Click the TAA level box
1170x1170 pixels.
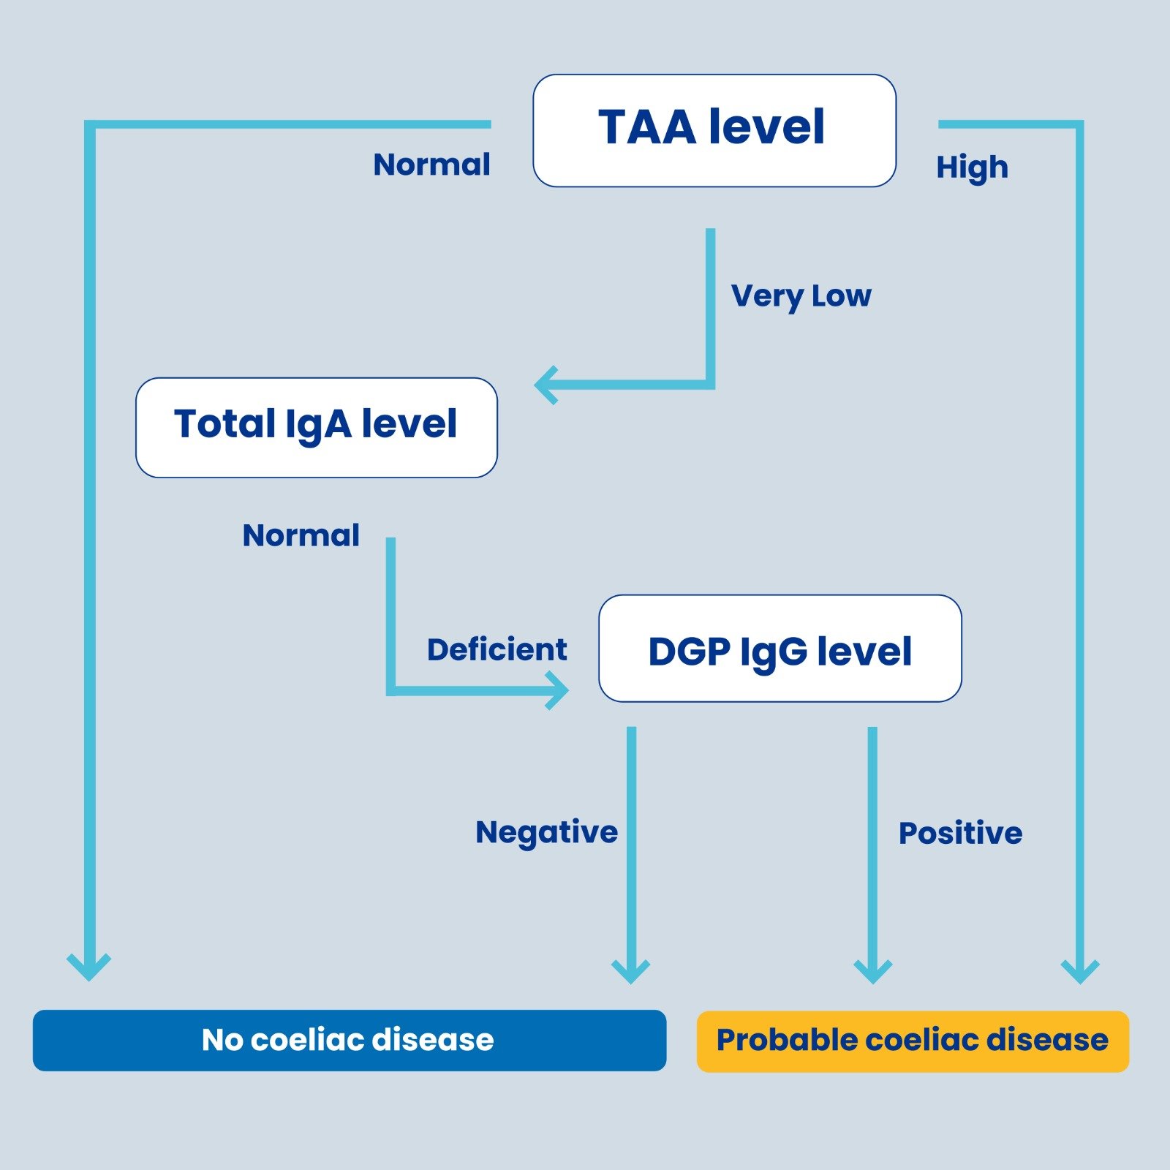(x=714, y=130)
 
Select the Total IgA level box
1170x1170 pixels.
(x=316, y=427)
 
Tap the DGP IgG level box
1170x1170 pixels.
(x=780, y=649)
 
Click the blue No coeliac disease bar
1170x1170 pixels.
(x=349, y=1040)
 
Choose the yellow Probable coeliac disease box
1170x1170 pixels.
(x=912, y=1041)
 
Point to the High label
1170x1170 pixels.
(x=972, y=167)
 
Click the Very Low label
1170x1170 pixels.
(x=801, y=296)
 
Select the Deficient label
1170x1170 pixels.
(x=497, y=649)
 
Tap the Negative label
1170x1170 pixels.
(x=546, y=832)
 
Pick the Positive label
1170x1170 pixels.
(x=960, y=833)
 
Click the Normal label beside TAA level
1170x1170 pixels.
(x=431, y=165)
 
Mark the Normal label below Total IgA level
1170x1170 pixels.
(x=301, y=535)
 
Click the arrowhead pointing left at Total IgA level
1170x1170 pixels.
(x=546, y=385)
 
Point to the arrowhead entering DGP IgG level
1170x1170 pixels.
(x=559, y=690)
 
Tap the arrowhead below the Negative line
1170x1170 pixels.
(x=630, y=971)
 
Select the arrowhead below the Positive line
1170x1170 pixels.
(x=872, y=971)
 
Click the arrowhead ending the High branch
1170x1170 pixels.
(x=1080, y=971)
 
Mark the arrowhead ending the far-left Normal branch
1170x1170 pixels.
(x=89, y=967)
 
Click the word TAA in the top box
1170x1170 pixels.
(x=646, y=127)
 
